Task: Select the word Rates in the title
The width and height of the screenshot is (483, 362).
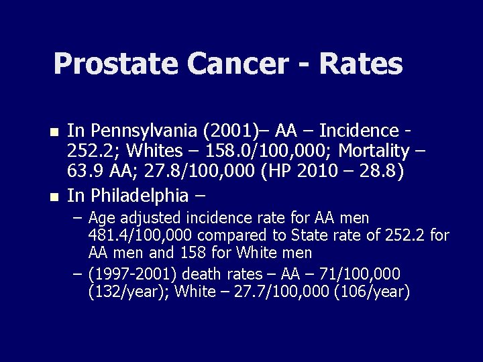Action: pyautogui.click(x=362, y=64)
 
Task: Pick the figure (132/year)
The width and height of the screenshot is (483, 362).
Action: pyautogui.click(x=127, y=292)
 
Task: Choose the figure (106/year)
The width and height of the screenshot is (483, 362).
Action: pyautogui.click(x=372, y=292)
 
